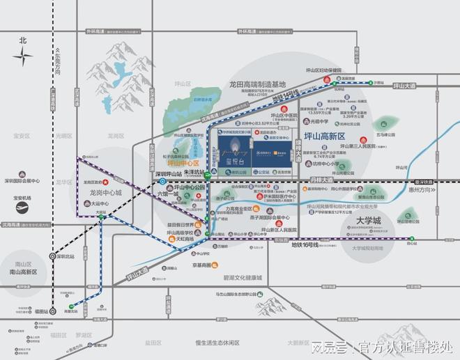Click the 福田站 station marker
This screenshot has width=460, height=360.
tap(46, 312)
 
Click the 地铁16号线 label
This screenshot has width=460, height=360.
tap(305, 245)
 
